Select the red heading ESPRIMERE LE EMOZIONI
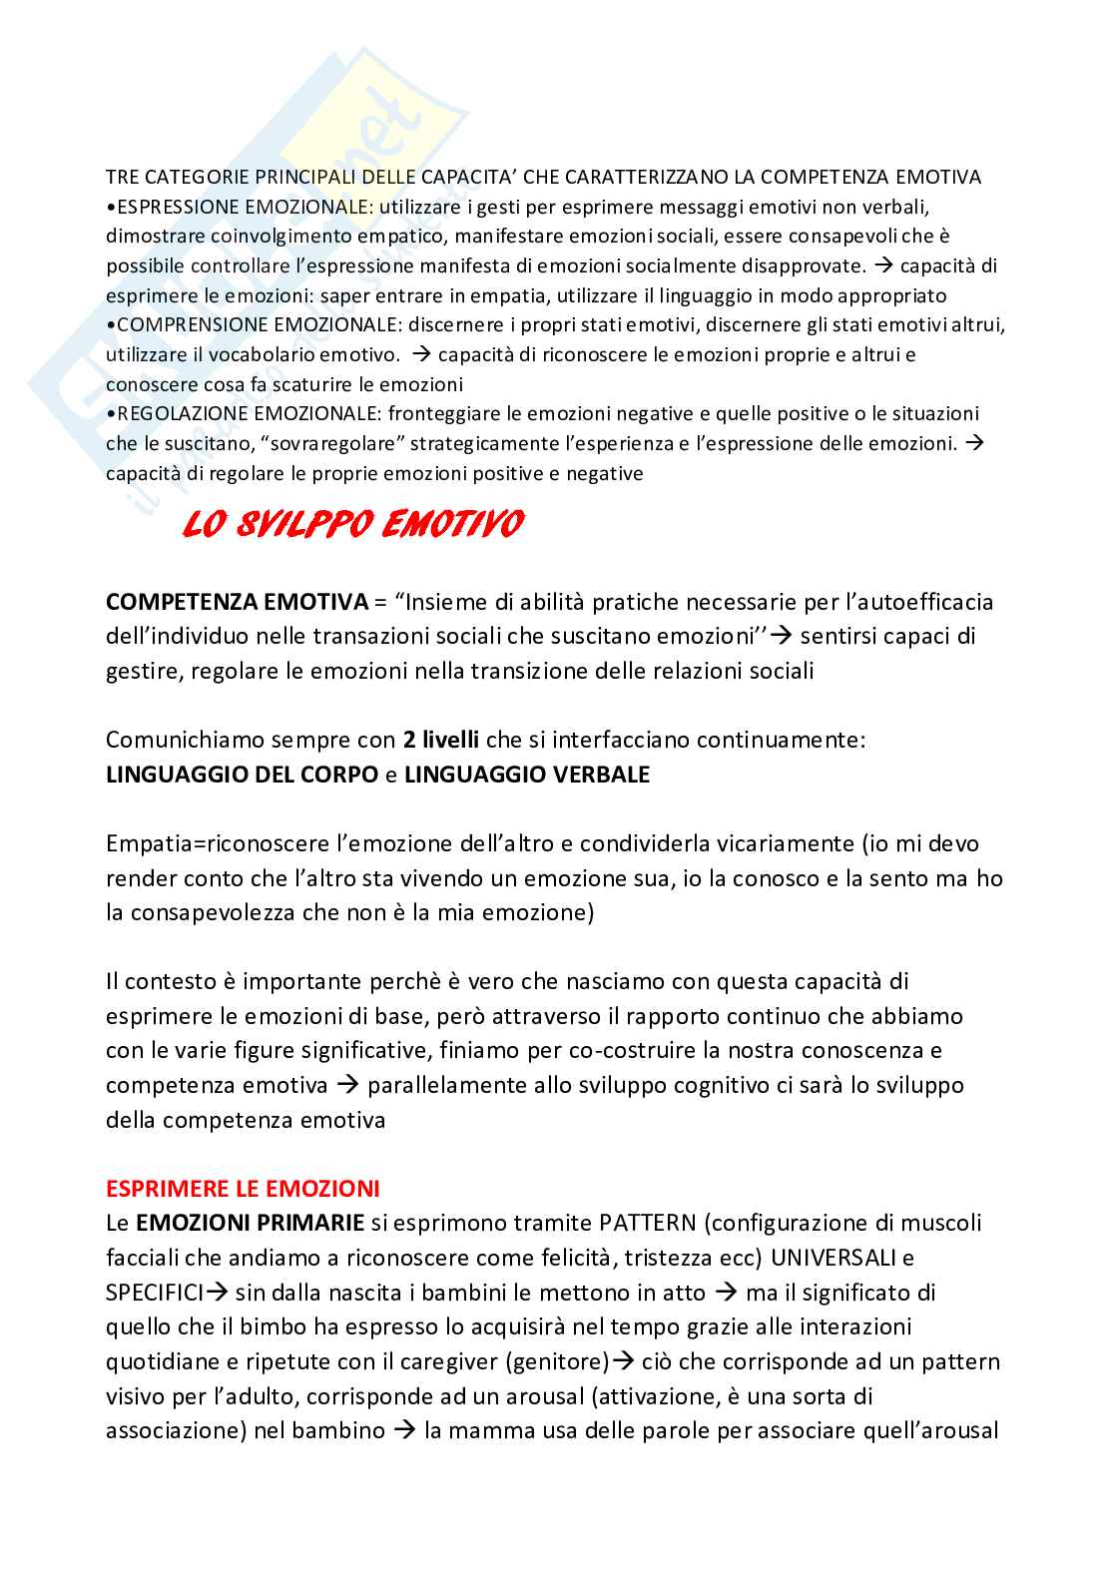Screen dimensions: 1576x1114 pos(243,1189)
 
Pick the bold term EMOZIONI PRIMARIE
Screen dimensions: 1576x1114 pos(250,1223)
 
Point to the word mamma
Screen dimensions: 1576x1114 pos(485,1430)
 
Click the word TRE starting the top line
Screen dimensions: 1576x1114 pos(121,178)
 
